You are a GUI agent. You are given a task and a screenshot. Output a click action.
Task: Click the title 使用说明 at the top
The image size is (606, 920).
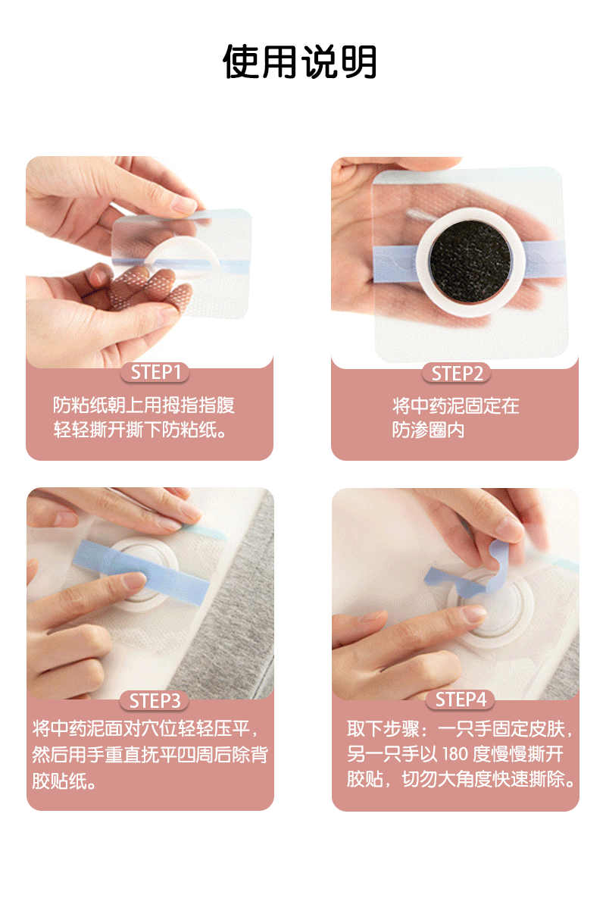pyautogui.click(x=300, y=61)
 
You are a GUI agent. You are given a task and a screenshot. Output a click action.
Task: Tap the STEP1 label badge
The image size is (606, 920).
pyautogui.click(x=155, y=373)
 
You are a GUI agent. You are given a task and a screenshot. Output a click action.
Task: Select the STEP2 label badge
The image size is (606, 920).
pyautogui.click(x=456, y=374)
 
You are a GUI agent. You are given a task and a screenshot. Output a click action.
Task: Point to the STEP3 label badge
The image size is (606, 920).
pyautogui.click(x=155, y=701)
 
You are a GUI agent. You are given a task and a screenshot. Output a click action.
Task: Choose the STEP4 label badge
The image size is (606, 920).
pyautogui.click(x=461, y=699)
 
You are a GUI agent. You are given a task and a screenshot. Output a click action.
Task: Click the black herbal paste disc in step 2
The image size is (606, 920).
pyautogui.click(x=470, y=261)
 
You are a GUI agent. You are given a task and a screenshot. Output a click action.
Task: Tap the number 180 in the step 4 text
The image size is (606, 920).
pyautogui.click(x=455, y=754)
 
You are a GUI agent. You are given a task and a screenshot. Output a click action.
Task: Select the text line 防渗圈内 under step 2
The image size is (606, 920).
pyautogui.click(x=428, y=430)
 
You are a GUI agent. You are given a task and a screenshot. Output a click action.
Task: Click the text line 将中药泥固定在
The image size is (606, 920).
pyautogui.click(x=455, y=405)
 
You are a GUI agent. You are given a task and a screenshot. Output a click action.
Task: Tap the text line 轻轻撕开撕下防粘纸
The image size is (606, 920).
pyautogui.click(x=139, y=430)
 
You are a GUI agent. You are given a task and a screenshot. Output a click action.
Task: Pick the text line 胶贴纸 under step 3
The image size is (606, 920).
pyautogui.click(x=64, y=781)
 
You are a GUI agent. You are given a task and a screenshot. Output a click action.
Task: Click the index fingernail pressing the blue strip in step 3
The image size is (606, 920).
pyautogui.click(x=135, y=580)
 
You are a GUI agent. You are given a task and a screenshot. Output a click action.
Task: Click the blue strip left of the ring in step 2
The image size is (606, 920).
pyautogui.click(x=395, y=264)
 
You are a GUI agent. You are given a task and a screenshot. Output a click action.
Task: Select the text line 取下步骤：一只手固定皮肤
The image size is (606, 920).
pyautogui.click(x=460, y=729)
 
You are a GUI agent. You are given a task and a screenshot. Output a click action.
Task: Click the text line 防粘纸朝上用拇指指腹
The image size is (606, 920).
pyautogui.click(x=144, y=405)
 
